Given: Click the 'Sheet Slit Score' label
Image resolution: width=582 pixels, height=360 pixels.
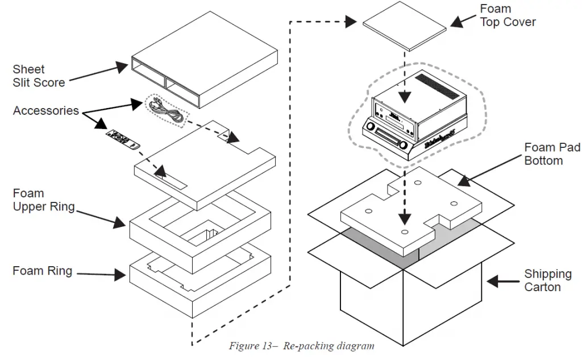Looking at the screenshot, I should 39,76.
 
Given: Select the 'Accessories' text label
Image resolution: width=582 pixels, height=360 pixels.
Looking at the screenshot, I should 46,110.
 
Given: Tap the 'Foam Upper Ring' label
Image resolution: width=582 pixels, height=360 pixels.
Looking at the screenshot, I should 44,200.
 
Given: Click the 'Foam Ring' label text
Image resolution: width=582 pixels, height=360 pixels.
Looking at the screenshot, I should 43,271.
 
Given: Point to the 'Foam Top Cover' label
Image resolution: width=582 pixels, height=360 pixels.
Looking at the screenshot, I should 508,15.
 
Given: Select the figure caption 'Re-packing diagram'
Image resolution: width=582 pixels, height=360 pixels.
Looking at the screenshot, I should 301,346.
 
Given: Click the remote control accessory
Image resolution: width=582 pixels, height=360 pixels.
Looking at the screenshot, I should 122,138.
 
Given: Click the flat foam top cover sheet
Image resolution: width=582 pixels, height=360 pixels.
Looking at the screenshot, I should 405,26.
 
